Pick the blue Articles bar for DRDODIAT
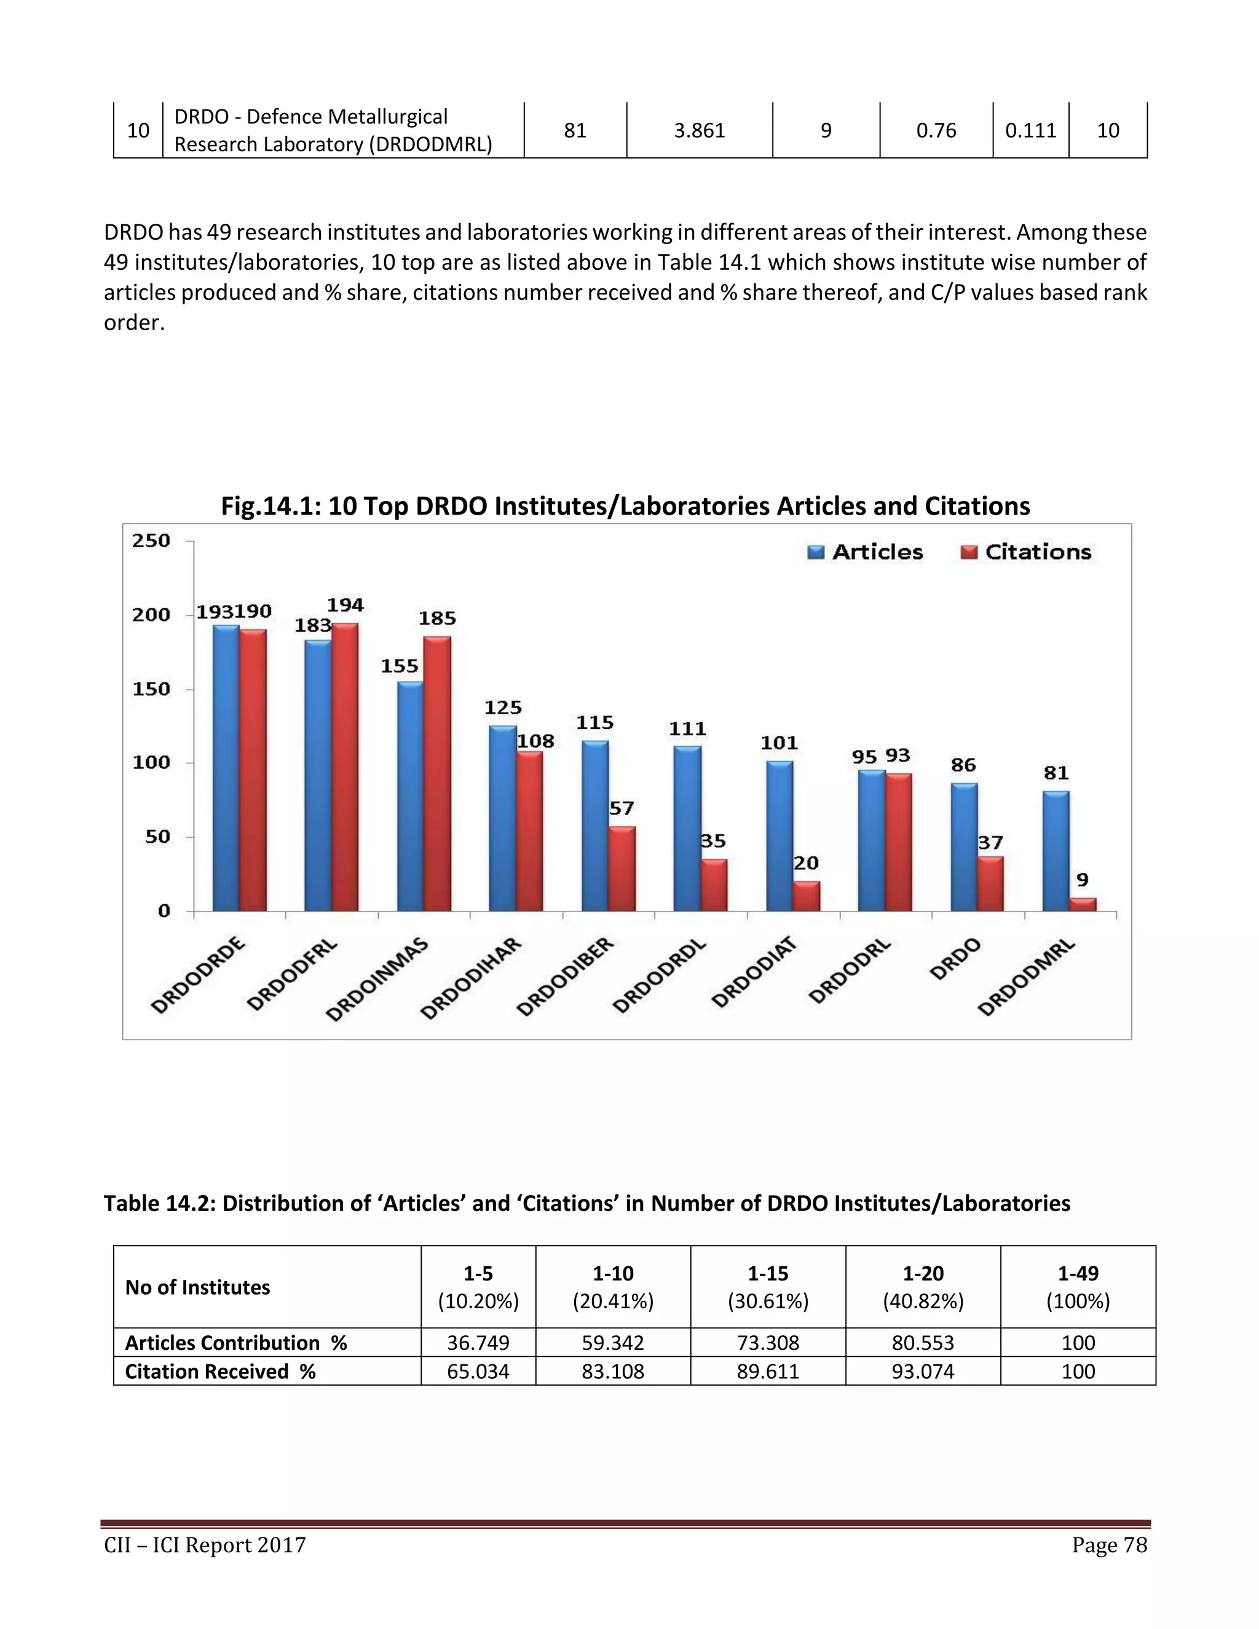779,836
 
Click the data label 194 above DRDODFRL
345,605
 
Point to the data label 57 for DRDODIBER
622,808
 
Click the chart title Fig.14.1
625,507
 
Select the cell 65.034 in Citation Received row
478,1371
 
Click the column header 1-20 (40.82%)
923,1287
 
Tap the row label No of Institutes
198,1287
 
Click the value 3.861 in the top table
699,130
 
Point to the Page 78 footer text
1109,1545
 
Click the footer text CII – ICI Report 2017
205,1545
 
